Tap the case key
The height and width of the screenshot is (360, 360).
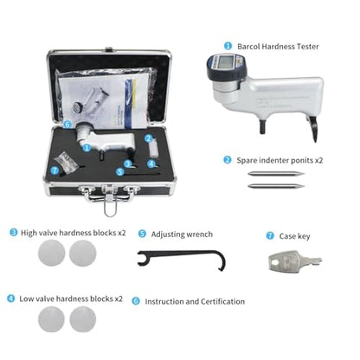(x=294, y=260)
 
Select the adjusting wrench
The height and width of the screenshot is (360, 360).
(x=182, y=259)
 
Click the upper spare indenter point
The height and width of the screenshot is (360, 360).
(x=276, y=174)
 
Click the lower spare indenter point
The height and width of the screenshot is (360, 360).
(x=276, y=186)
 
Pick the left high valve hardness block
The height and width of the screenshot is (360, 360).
(x=51, y=253)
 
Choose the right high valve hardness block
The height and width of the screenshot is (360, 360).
(x=83, y=253)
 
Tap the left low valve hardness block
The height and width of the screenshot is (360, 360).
(x=51, y=319)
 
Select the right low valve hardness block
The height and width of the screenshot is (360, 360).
(x=83, y=319)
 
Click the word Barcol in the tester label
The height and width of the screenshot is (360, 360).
(x=248, y=47)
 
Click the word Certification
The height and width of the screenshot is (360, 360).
(x=222, y=301)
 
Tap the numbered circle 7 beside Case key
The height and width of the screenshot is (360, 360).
(x=270, y=235)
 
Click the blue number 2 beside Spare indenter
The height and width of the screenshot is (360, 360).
(x=228, y=160)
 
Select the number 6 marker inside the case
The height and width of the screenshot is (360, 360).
(x=67, y=125)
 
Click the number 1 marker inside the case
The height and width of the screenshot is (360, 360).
(x=87, y=148)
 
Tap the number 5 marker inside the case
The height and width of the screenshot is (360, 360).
(x=120, y=172)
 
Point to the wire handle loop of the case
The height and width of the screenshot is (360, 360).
(x=110, y=205)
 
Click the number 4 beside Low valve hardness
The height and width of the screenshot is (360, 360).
(x=10, y=299)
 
